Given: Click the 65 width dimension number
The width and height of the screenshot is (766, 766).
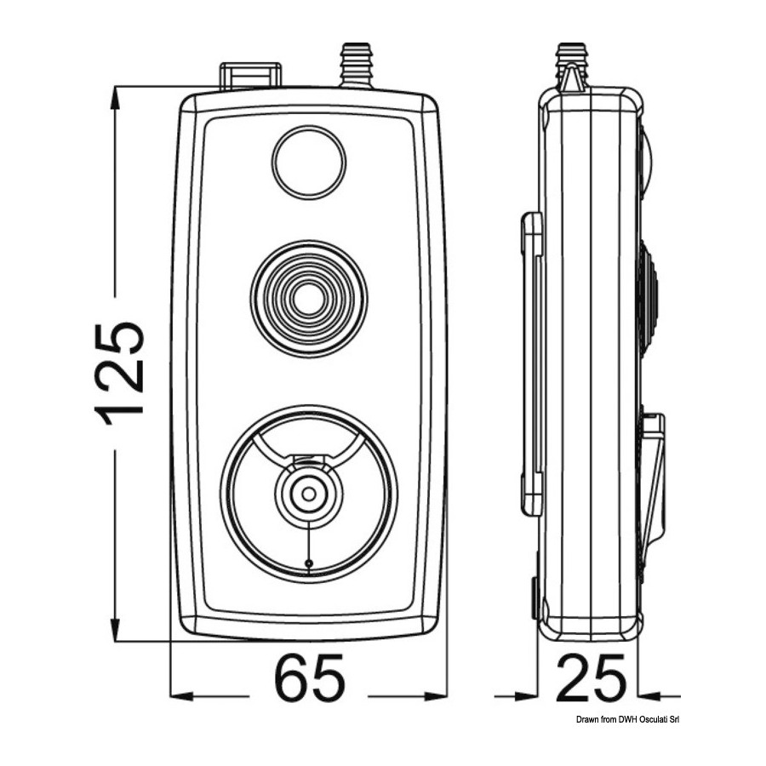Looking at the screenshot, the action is tap(309, 681).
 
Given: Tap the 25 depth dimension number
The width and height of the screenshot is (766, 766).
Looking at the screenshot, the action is tap(591, 681).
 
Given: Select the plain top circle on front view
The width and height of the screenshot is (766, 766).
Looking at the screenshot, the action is tap(309, 162).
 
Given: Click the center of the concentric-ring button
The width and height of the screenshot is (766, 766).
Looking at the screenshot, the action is tap(309, 299).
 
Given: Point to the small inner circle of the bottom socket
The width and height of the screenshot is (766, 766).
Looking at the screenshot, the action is tap(309, 494).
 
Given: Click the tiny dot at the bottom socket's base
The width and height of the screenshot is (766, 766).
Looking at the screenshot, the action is tap(308, 563).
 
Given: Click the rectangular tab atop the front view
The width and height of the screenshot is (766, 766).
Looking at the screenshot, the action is tap(250, 76).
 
